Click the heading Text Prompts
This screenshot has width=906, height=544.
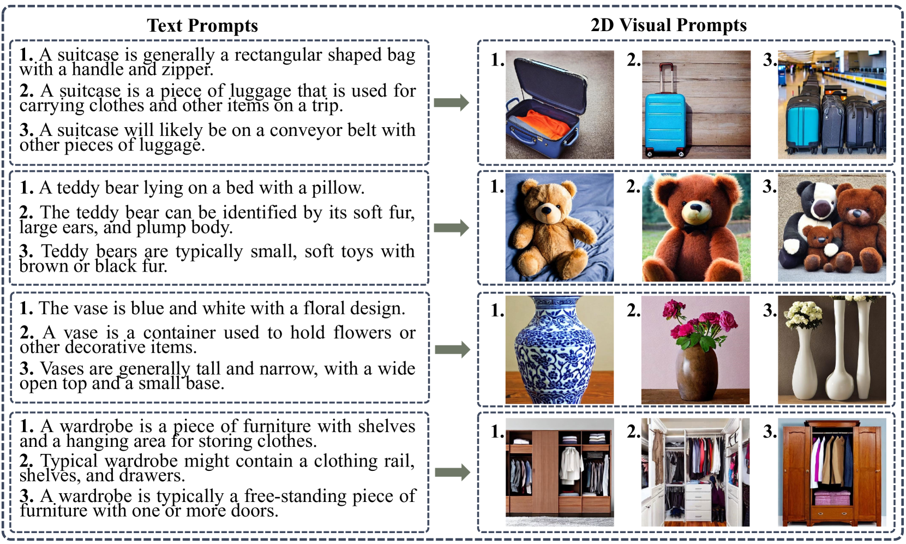pyautogui.click(x=202, y=26)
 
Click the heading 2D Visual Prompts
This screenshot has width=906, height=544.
pyautogui.click(x=669, y=25)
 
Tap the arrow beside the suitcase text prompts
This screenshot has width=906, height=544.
pyautogui.click(x=452, y=103)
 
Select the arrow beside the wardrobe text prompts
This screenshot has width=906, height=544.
pyautogui.click(x=453, y=472)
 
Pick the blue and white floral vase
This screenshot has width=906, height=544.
pyautogui.click(x=555, y=349)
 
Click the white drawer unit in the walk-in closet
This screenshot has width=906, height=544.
pyautogui.click(x=698, y=501)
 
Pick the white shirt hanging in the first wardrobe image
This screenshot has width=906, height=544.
pyautogui.click(x=571, y=465)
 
